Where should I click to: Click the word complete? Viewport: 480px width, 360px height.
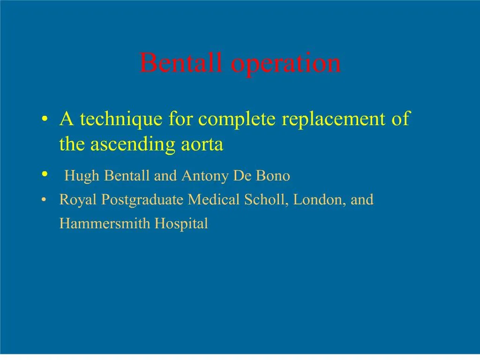(x=238, y=120)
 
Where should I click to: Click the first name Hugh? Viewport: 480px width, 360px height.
(x=82, y=176)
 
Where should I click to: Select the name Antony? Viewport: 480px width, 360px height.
(x=204, y=176)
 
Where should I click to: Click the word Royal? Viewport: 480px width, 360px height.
(x=78, y=200)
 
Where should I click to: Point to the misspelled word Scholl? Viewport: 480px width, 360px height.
(x=266, y=200)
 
